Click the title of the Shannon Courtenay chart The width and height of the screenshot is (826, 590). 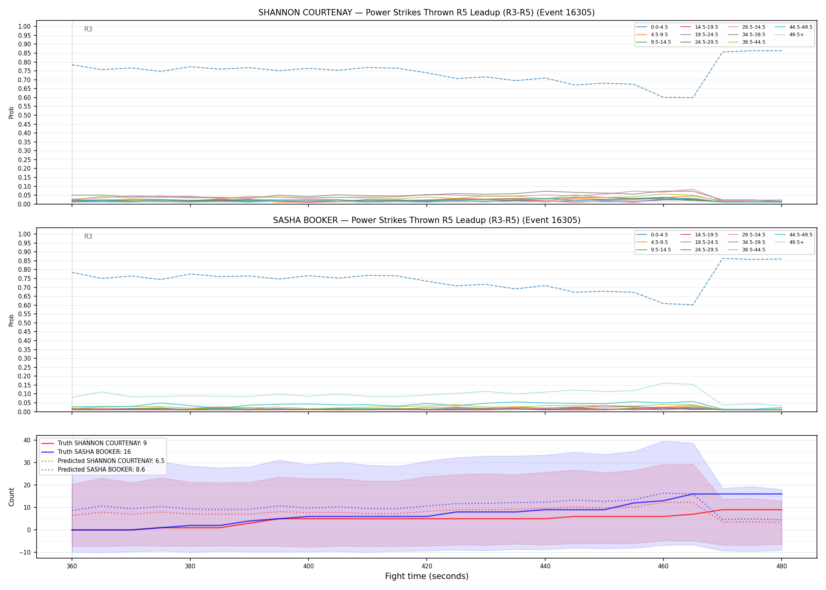click(x=426, y=13)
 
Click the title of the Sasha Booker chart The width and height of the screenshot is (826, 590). click(x=426, y=220)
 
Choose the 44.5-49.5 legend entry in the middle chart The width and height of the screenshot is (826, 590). click(x=794, y=235)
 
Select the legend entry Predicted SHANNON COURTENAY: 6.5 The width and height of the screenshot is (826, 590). click(x=103, y=461)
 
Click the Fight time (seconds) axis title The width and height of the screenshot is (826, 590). click(x=427, y=576)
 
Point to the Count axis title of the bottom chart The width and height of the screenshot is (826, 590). click(x=11, y=497)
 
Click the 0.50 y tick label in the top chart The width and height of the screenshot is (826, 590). click(x=24, y=115)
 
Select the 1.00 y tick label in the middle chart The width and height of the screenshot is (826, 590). click(x=24, y=234)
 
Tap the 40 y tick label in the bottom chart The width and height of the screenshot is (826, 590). click(x=27, y=440)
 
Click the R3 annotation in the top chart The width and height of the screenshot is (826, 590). click(x=88, y=29)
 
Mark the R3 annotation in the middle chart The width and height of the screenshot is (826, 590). click(x=88, y=236)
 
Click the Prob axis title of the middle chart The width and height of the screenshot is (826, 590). click(x=11, y=320)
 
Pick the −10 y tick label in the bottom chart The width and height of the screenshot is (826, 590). click(x=25, y=552)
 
